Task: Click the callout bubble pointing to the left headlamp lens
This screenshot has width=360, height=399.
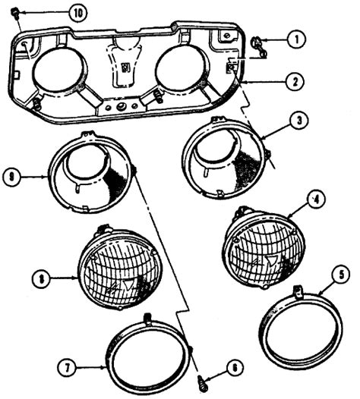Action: point(45,278)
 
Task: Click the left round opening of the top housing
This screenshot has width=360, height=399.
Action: point(60,73)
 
